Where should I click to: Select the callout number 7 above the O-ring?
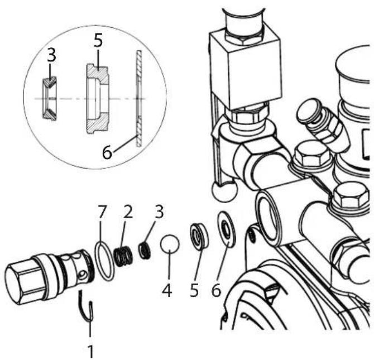pyautogui.click(x=102, y=212)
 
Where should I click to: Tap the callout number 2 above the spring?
pyautogui.click(x=128, y=212)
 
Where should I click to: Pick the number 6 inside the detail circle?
pyautogui.click(x=107, y=152)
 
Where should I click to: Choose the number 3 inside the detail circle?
pyautogui.click(x=51, y=55)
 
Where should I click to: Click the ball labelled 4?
pyautogui.click(x=170, y=244)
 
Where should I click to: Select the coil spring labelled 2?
pyautogui.click(x=122, y=256)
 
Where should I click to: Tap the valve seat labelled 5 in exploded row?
pyautogui.click(x=199, y=236)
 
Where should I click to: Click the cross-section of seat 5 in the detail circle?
pyautogui.click(x=97, y=99)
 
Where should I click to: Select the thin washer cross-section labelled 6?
pyautogui.click(x=139, y=98)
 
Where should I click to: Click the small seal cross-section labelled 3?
pyautogui.click(x=50, y=98)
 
